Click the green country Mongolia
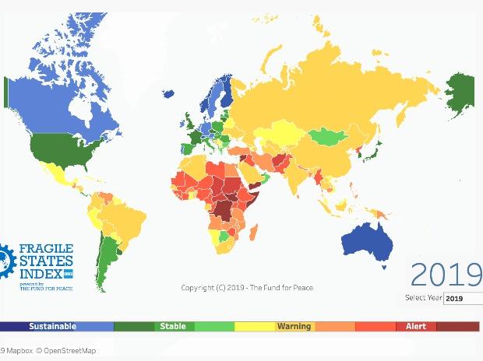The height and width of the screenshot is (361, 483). tap(327, 136)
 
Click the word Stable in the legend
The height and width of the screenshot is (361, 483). tap(173, 326)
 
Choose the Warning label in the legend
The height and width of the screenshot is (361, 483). tap(294, 326)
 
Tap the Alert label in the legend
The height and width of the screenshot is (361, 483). tap(416, 326)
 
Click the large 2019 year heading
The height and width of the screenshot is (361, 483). tap(446, 275)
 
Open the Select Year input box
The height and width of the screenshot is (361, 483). tap(463, 298)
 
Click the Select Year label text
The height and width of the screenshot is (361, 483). tap(423, 298)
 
